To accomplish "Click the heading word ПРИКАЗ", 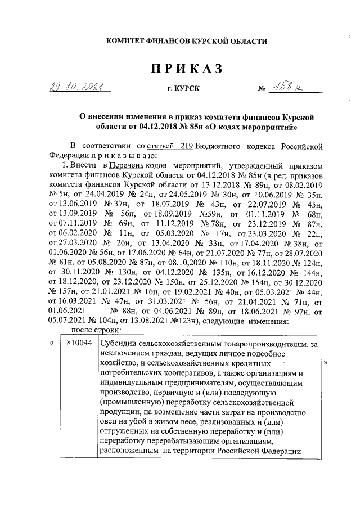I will click(186, 69).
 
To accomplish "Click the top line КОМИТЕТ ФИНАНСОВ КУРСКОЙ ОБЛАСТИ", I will click(187, 41).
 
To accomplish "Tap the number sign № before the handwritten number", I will click(260, 90).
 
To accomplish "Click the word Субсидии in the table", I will click(118, 343).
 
